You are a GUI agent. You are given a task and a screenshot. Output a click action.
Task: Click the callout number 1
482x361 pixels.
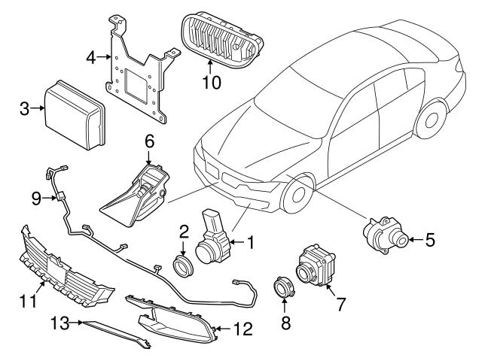pyautogui.click(x=251, y=241)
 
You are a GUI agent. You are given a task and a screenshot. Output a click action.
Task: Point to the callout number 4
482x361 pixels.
pyautogui.click(x=90, y=56)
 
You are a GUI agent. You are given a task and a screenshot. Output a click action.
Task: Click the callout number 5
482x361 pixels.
pyautogui.click(x=430, y=241)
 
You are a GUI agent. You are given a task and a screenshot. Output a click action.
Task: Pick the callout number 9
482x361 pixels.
pyautogui.click(x=36, y=199)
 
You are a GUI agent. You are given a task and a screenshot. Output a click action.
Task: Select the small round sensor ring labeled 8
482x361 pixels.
pyautogui.click(x=284, y=288)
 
